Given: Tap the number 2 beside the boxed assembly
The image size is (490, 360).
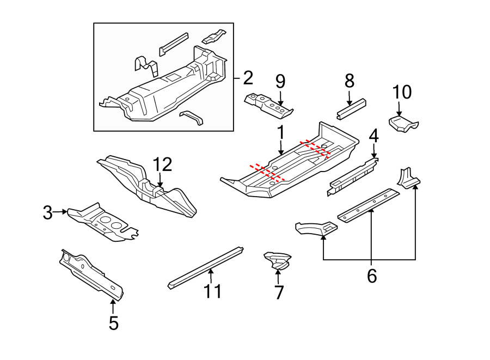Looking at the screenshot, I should (x=248, y=78).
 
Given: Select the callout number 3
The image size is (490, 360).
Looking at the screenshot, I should (x=48, y=212).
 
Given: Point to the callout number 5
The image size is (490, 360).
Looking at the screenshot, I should (x=113, y=323).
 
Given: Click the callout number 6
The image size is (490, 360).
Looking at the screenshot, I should (x=372, y=276).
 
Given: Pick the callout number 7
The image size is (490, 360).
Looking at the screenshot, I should (x=279, y=292).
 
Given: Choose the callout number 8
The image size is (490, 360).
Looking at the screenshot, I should (x=350, y=81).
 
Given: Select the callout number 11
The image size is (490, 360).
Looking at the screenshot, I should (x=213, y=291).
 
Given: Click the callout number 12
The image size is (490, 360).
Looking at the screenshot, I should (x=162, y=164).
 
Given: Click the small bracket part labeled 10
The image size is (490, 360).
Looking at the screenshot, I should (x=403, y=124).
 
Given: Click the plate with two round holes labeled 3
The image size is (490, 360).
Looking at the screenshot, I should (x=103, y=222).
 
